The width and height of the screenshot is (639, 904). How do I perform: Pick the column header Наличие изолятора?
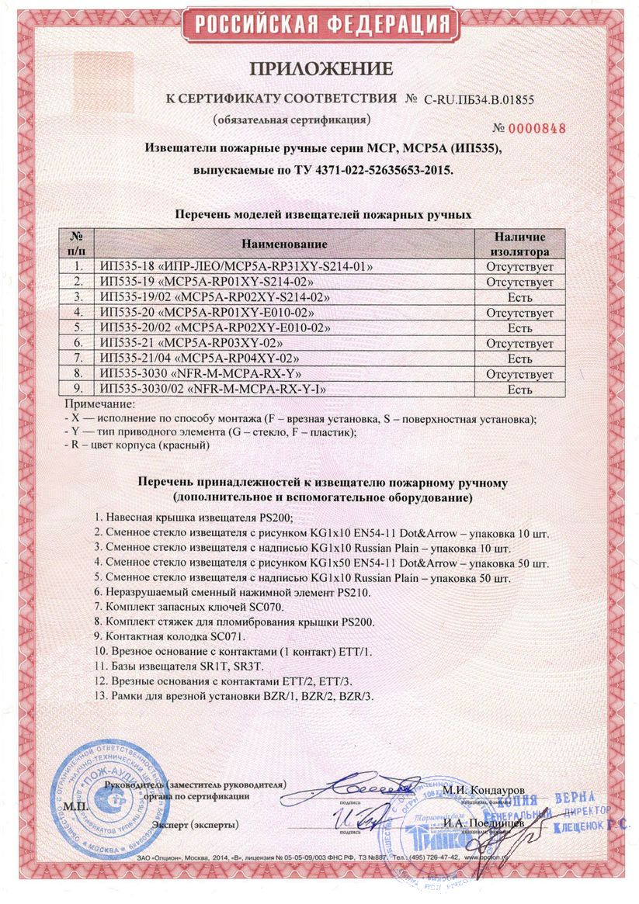coord(519,244)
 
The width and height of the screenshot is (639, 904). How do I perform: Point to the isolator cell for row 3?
coord(519,297)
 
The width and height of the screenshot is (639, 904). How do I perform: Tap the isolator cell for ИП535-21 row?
coord(519,343)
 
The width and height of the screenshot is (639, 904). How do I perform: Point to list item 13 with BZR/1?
coord(233,695)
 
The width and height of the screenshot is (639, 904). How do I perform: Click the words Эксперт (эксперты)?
coord(196,823)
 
